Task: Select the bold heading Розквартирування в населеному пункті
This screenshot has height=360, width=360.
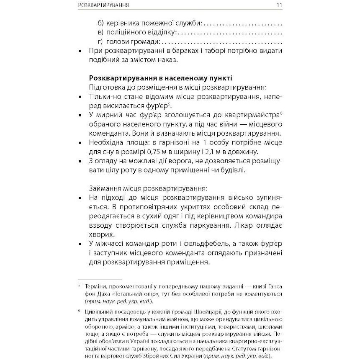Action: pyautogui.click(x=161, y=78)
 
